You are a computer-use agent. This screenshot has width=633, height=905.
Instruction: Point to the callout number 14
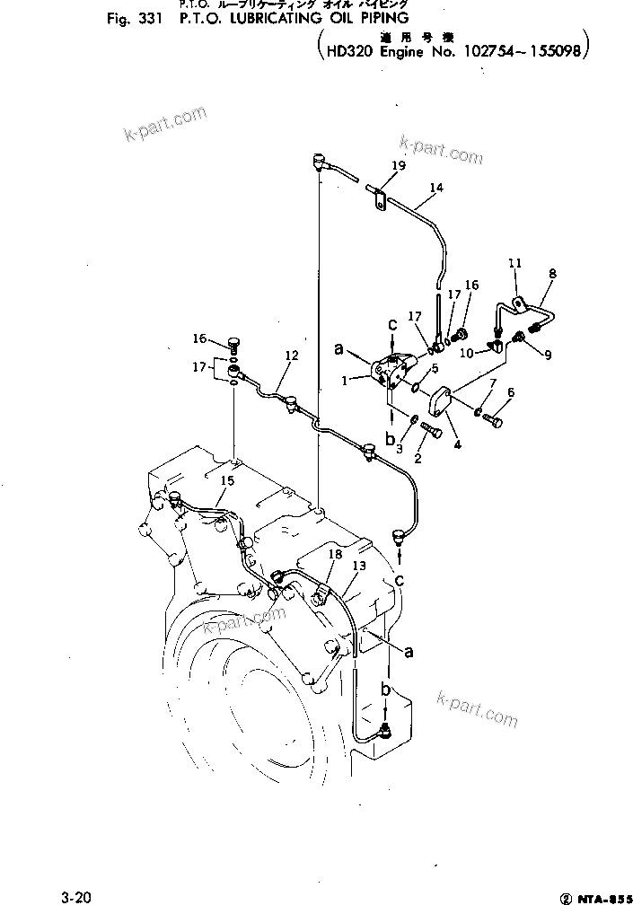tap(435, 188)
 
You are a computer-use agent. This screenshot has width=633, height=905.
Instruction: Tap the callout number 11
tap(514, 263)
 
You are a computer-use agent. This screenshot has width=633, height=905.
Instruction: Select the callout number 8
tap(552, 273)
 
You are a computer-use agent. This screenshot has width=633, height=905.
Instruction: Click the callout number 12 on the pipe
tap(290, 356)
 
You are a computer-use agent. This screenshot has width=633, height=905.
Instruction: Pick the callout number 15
tap(228, 482)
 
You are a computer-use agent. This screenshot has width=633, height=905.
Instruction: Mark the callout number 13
tap(359, 566)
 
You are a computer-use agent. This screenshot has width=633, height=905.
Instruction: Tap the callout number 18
tap(335, 556)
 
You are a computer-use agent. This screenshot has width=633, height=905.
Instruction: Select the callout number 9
tap(547, 355)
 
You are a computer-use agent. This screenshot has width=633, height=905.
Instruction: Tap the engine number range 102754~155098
tap(523, 52)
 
